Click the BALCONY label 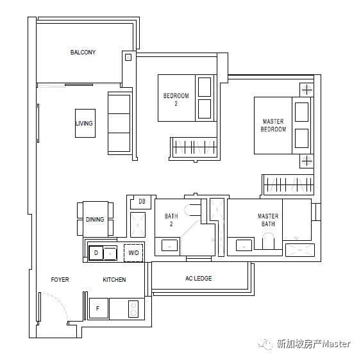coord(83,53)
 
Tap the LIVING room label coord(84,123)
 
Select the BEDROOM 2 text coord(176,99)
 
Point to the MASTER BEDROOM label coord(273,126)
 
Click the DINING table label coord(95,220)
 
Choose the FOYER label coord(60,279)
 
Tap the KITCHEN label coord(114,279)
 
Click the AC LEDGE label coord(199,279)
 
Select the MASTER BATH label coord(268,220)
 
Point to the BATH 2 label coord(171,220)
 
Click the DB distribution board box coord(141,202)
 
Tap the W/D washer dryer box coord(133,253)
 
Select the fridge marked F coord(99,308)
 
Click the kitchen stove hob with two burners coord(133,309)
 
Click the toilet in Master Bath coord(268,241)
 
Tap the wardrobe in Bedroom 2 coord(194,147)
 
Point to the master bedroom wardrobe coord(289,184)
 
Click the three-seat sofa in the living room coord(120,123)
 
